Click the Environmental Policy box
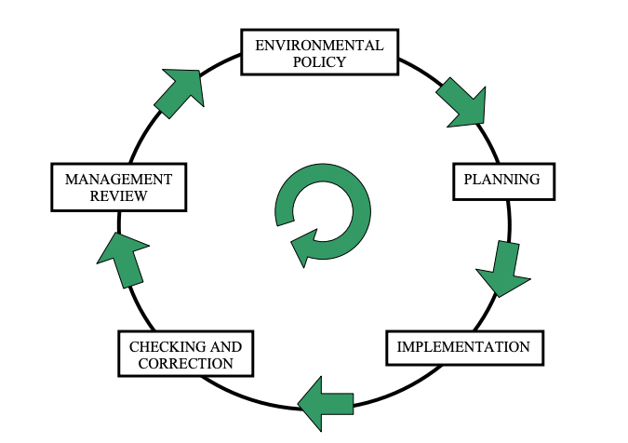[319, 53]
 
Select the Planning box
[501, 181]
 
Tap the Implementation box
[463, 347]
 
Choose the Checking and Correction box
[186, 355]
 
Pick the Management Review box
[119, 187]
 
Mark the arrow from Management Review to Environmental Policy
[180, 92]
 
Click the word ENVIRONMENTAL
[319, 45]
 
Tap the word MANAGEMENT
[119, 179]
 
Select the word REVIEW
[119, 196]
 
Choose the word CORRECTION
[186, 364]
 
